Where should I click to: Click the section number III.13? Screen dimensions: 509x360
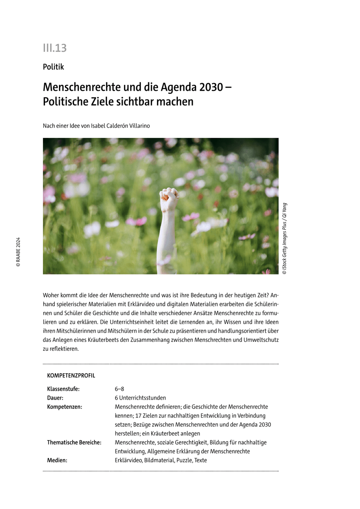pyautogui.click(x=55, y=48)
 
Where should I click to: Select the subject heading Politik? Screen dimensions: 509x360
pyautogui.click(x=53, y=67)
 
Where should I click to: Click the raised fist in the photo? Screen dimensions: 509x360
pyautogui.click(x=169, y=199)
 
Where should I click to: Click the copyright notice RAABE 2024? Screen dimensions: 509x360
pyautogui.click(x=18, y=252)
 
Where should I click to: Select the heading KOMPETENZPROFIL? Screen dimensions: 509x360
pyautogui.click(x=71, y=376)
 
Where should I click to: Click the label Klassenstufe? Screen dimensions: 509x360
pyautogui.click(x=63, y=389)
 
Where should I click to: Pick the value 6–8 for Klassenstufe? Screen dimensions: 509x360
pyautogui.click(x=119, y=389)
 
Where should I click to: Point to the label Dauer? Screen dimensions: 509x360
pyautogui.click(x=55, y=398)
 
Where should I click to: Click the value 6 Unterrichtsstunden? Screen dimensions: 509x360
pyautogui.click(x=140, y=398)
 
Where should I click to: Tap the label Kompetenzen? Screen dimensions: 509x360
pyautogui.click(x=65, y=407)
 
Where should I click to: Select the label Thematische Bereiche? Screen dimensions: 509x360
pyautogui.click(x=74, y=442)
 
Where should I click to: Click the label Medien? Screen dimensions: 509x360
pyautogui.click(x=57, y=460)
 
